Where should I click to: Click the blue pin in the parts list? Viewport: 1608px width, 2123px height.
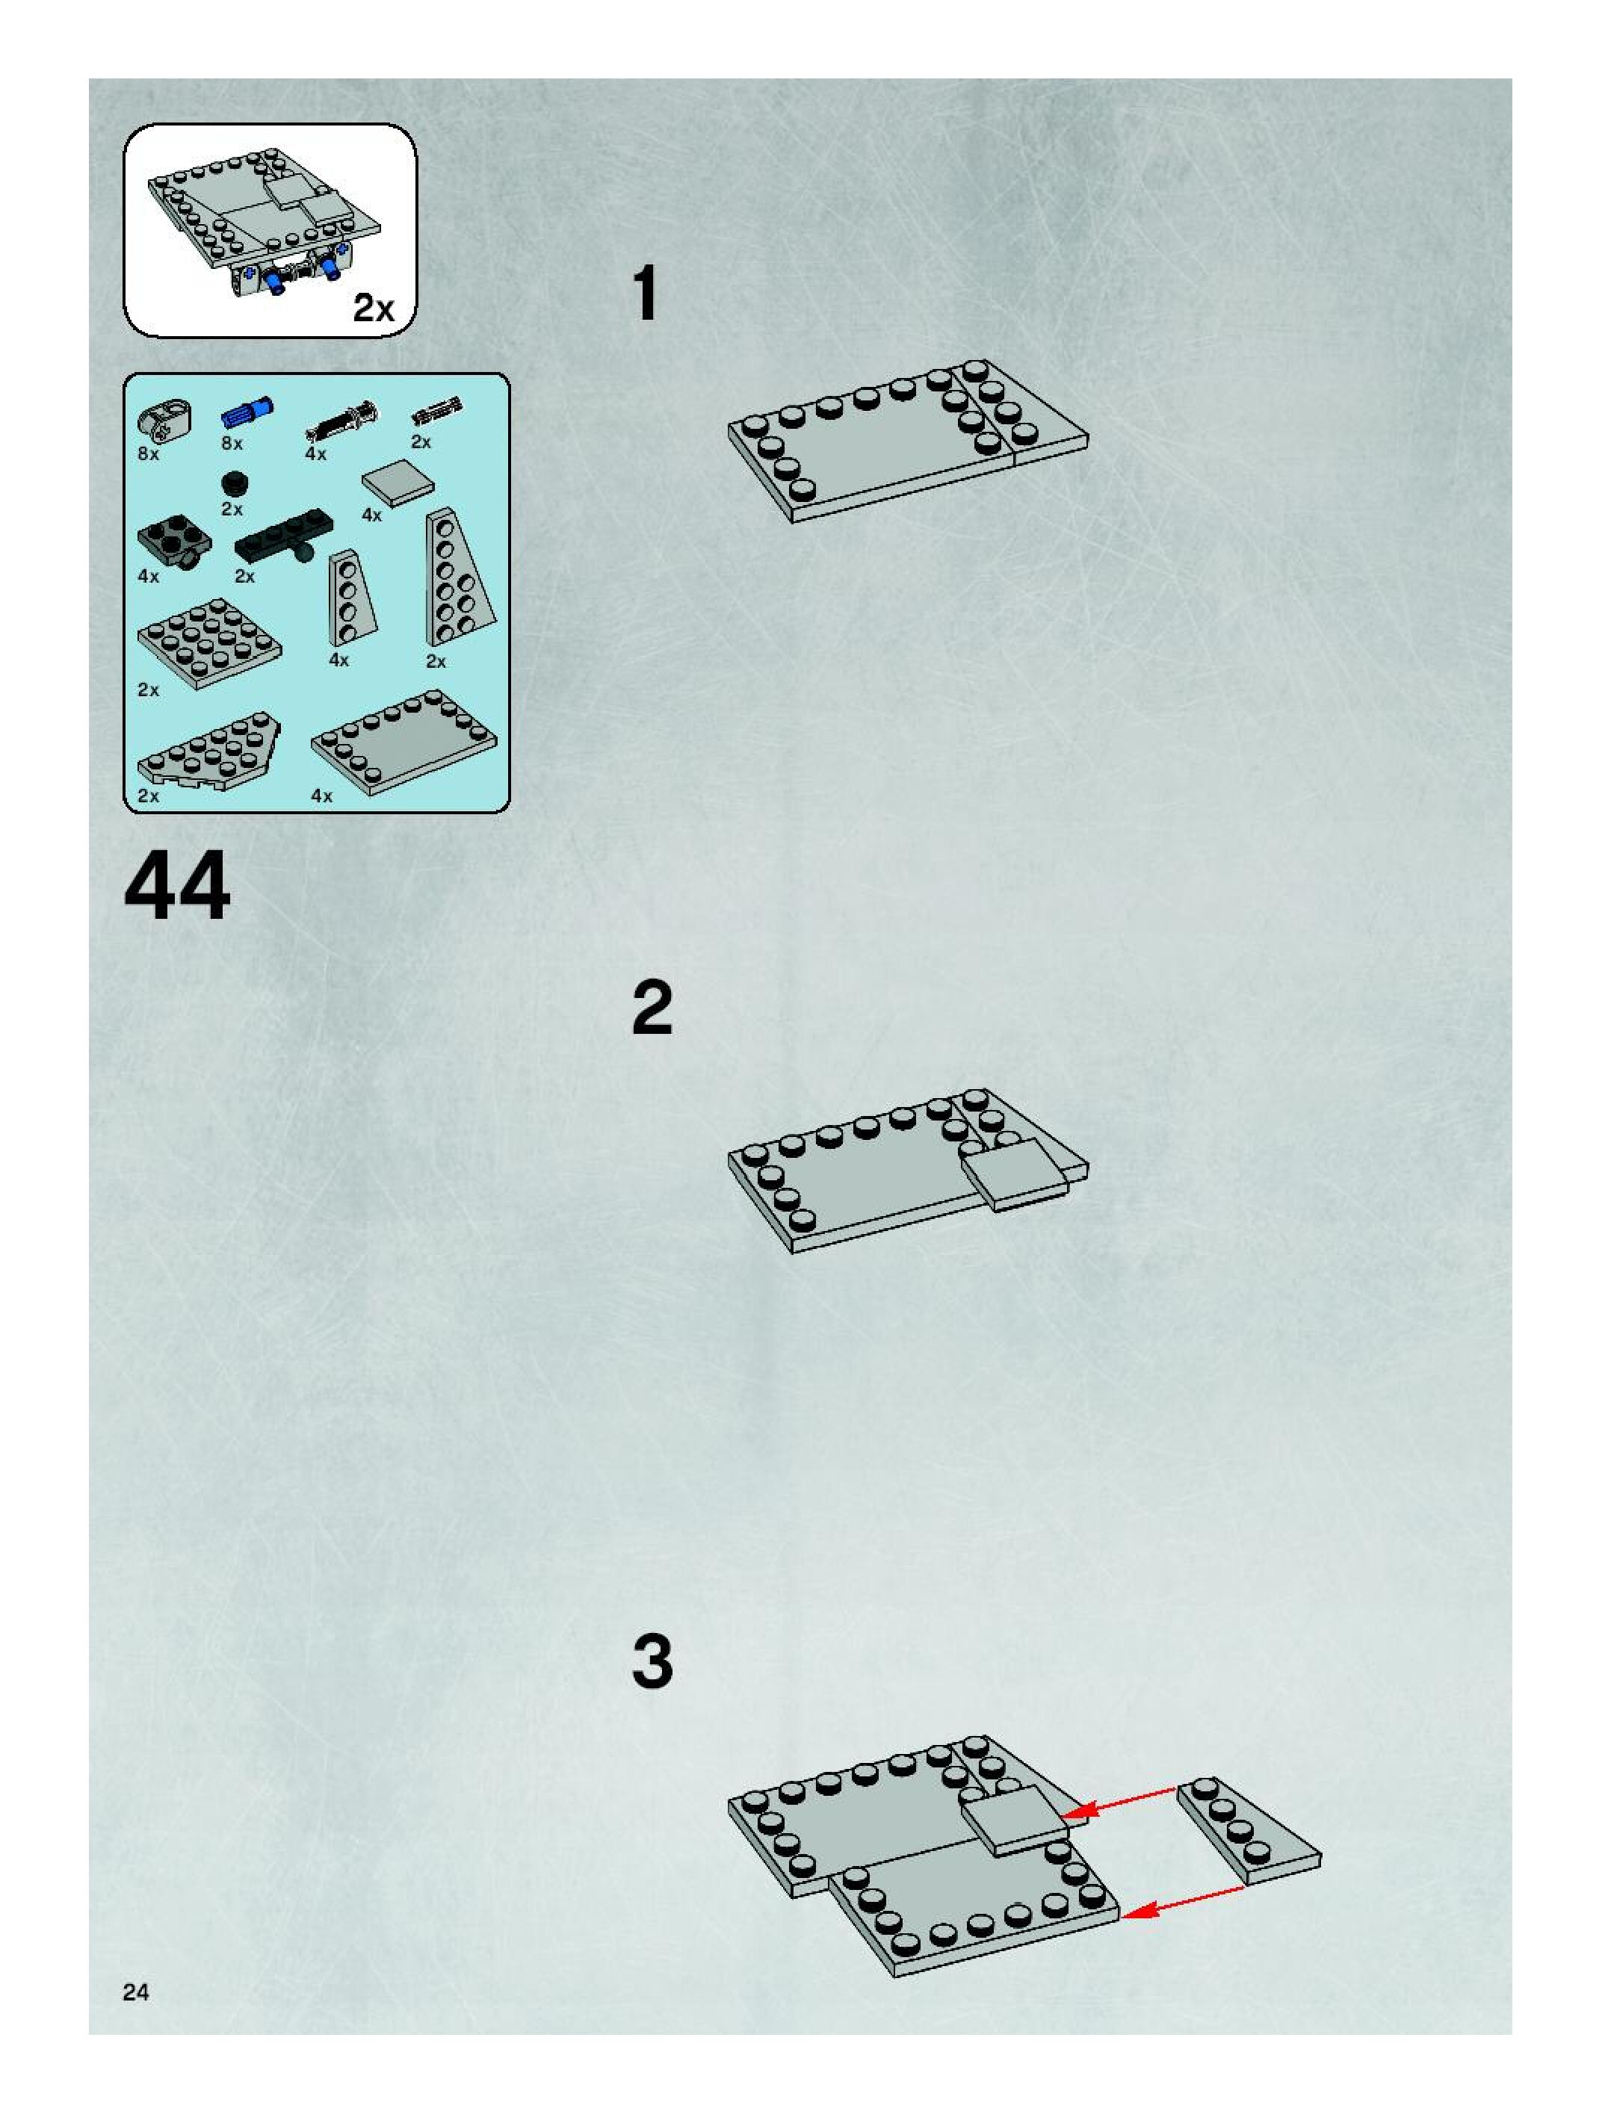(x=247, y=412)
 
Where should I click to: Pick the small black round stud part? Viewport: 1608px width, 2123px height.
(x=232, y=483)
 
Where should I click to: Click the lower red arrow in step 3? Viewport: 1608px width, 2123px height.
(x=1182, y=1902)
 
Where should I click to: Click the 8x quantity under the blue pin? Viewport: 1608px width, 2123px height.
(x=232, y=444)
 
